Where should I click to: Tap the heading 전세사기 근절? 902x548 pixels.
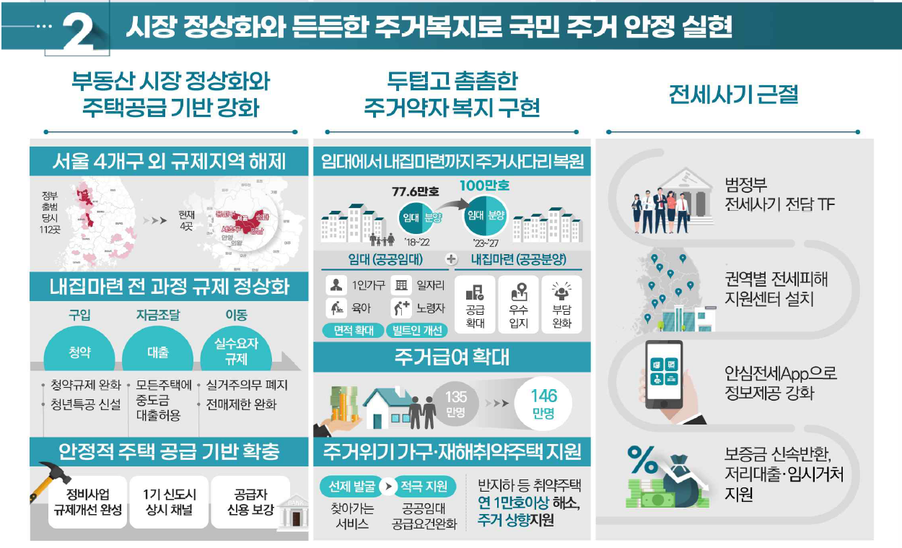pyautogui.click(x=733, y=95)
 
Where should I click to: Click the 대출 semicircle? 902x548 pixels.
pyautogui.click(x=157, y=352)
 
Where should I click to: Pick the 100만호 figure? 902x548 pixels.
pyautogui.click(x=484, y=186)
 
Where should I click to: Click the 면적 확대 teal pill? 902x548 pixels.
pyautogui.click(x=352, y=331)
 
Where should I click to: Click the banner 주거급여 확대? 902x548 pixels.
pyautogui.click(x=452, y=357)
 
